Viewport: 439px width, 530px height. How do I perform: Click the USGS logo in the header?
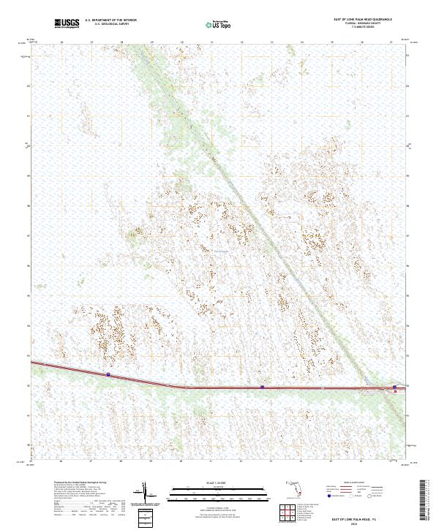tap(66, 24)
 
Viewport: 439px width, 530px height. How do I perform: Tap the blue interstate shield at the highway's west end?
tap(108, 374)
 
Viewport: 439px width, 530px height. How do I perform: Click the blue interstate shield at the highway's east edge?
tap(394, 387)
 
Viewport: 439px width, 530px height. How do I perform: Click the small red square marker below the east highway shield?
tap(396, 392)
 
